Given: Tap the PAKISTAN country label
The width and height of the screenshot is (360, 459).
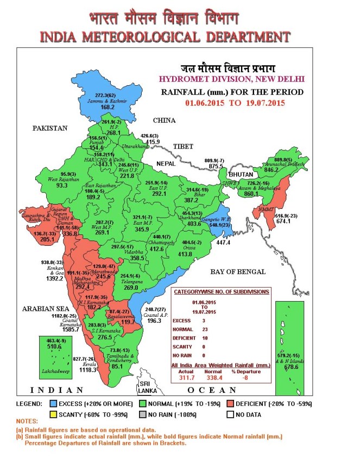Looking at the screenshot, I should (x=49, y=129).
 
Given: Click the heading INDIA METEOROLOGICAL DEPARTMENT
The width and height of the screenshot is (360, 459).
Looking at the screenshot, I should (x=165, y=37).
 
